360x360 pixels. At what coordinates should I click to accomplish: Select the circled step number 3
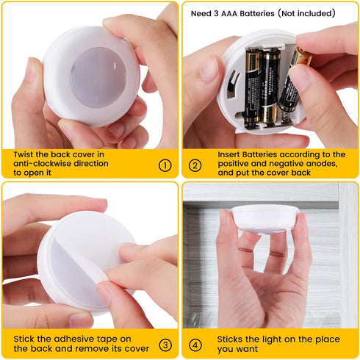165,344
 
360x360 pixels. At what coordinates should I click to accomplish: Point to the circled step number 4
195,344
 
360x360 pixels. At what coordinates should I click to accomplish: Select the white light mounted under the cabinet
264,218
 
